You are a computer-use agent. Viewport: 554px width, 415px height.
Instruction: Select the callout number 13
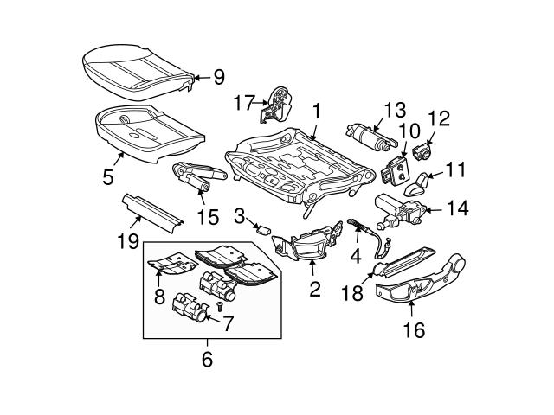tap(394, 110)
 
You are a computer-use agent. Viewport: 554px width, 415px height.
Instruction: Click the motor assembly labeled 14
tap(399, 208)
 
